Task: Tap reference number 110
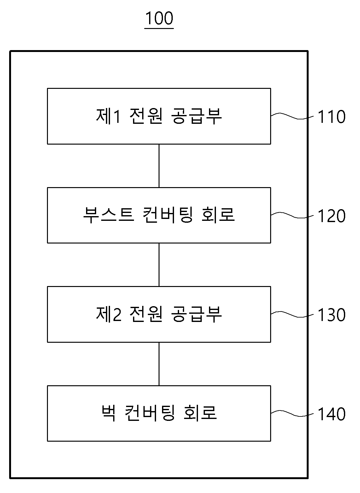coord(332,117)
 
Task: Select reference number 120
coord(332,216)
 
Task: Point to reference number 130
coord(332,315)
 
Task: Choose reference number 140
coord(332,414)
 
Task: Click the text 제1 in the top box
coord(108,116)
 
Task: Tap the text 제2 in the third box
coord(108,314)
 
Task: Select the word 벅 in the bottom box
coord(108,413)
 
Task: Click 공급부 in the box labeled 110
coord(196,116)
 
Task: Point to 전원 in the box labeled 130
coord(146,314)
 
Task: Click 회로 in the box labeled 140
coord(200,413)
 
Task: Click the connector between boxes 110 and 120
coord(159,166)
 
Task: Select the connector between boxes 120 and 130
coord(159,265)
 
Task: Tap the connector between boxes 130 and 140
coord(159,364)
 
